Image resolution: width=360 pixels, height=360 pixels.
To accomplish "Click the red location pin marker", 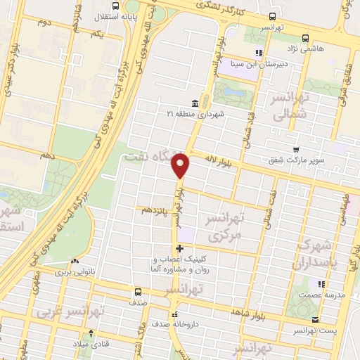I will click(x=181, y=165).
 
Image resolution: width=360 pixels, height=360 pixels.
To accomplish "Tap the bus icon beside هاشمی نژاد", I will click(x=306, y=38).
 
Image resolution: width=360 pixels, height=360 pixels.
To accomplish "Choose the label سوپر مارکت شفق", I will click(x=295, y=160).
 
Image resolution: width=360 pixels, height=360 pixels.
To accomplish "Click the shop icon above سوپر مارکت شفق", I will click(x=296, y=149).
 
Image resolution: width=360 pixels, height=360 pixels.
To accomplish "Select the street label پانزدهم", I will click(x=155, y=210).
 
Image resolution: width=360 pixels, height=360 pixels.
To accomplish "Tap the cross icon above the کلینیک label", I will click(x=181, y=247).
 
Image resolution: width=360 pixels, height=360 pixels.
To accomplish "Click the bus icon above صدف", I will click(x=137, y=291).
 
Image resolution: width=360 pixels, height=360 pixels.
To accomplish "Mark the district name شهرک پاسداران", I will click(x=324, y=252).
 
